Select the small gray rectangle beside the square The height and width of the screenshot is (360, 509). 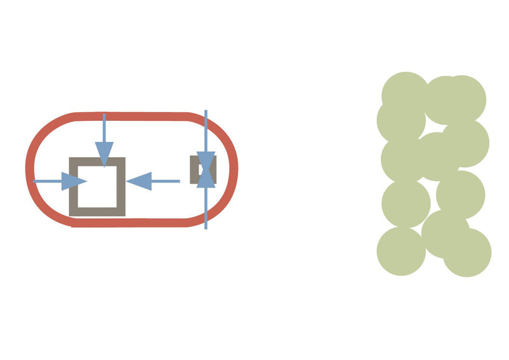[x=195, y=169]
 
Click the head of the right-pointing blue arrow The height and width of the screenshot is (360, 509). [x=76, y=181]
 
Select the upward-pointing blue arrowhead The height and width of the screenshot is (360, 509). [x=206, y=178]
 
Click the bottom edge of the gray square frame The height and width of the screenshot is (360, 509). [x=97, y=212]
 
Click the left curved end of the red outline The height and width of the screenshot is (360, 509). [x=29, y=169]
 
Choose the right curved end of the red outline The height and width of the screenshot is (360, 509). [x=235, y=169]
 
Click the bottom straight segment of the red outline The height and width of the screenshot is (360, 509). [x=134, y=223]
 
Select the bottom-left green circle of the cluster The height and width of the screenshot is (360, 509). [x=401, y=251]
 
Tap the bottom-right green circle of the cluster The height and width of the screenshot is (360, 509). [x=467, y=253]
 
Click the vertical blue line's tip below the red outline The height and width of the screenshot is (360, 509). [x=206, y=226]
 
